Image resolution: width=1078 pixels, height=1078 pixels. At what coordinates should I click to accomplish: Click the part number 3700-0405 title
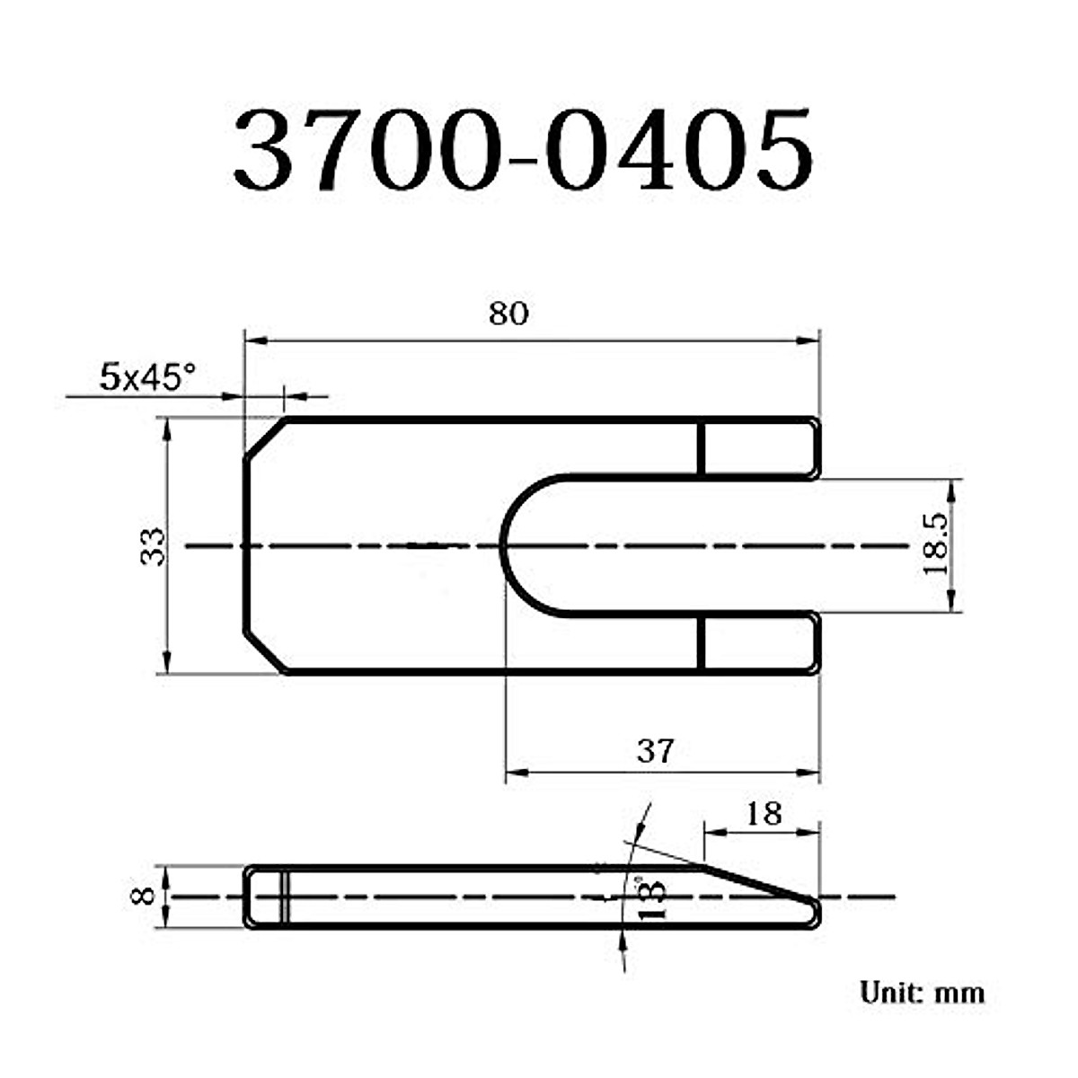coord(524,151)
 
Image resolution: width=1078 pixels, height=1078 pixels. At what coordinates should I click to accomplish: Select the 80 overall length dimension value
coord(508,314)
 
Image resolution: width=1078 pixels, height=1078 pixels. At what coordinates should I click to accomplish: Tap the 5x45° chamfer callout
coord(146,377)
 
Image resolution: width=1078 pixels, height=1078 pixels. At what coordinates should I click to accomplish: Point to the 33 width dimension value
coord(154,546)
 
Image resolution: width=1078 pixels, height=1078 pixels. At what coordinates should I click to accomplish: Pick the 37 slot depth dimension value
coord(655,751)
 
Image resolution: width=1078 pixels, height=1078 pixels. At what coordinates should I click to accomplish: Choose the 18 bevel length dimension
coord(763,814)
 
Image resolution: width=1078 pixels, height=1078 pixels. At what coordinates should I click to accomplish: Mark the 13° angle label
coord(653,897)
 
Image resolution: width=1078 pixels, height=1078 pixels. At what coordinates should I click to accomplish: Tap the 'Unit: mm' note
coord(922,993)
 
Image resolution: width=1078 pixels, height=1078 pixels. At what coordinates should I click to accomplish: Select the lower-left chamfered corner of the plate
coord(265,651)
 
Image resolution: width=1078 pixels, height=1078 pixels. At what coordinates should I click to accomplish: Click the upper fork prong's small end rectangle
coord(759,448)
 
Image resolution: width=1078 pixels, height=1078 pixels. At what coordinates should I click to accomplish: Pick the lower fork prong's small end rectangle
coord(759,644)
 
